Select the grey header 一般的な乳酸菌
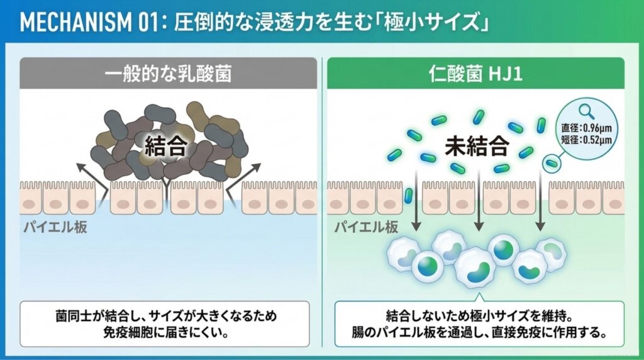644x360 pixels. tap(168, 74)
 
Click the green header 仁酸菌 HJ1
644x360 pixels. tap(475, 74)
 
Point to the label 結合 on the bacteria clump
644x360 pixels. tap(165, 145)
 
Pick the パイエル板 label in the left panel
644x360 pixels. tap(55, 227)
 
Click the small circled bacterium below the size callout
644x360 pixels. tap(552, 164)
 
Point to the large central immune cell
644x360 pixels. tap(475, 267)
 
